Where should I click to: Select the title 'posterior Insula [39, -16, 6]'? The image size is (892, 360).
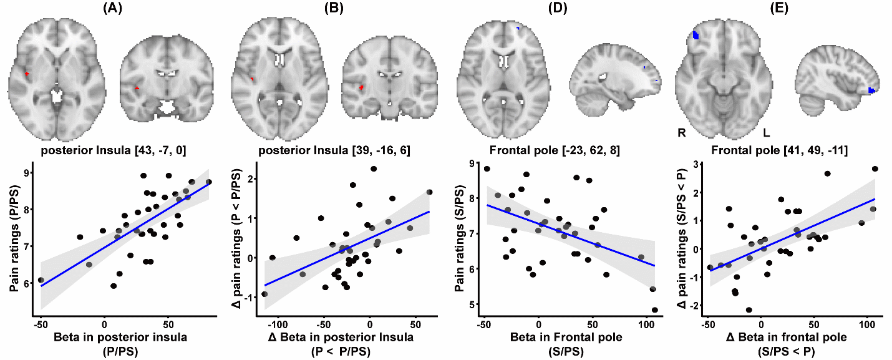(x=332, y=150)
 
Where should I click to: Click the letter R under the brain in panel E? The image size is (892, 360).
(x=682, y=133)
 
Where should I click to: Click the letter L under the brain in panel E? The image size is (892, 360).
(x=767, y=133)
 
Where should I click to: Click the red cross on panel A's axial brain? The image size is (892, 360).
(x=27, y=74)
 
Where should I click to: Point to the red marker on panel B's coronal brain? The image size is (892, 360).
(x=361, y=88)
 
